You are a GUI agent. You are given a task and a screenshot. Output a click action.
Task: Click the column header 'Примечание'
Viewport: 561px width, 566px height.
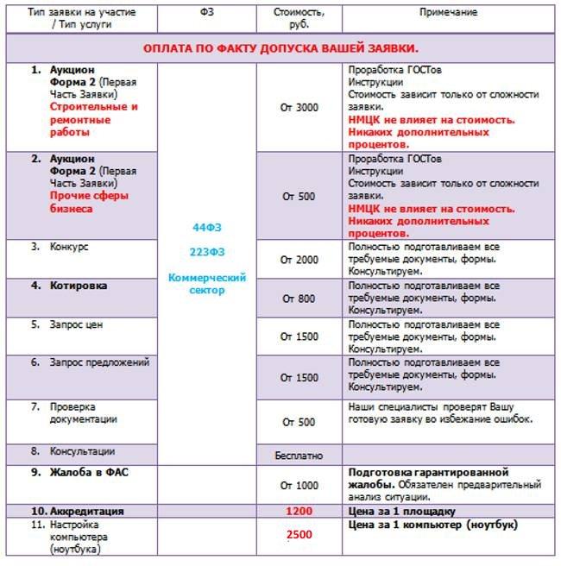pyautogui.click(x=449, y=15)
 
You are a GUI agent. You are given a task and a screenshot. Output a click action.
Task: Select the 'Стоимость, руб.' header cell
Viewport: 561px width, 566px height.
pyautogui.click(x=299, y=19)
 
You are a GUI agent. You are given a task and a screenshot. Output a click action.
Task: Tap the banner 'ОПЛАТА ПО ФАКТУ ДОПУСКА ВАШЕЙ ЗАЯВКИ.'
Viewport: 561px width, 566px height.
pyautogui.click(x=280, y=47)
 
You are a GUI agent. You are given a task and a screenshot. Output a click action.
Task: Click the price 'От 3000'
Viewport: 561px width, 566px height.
pyautogui.click(x=299, y=107)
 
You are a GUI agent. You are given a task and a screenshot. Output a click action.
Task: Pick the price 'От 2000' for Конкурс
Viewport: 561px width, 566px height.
pyautogui.click(x=299, y=260)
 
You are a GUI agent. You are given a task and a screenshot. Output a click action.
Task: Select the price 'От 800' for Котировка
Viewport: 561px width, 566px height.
pyautogui.click(x=299, y=299)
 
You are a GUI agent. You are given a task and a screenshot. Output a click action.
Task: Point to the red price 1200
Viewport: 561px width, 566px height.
pyautogui.click(x=299, y=512)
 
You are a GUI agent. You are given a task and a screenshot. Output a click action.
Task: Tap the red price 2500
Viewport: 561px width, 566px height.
pyautogui.click(x=299, y=535)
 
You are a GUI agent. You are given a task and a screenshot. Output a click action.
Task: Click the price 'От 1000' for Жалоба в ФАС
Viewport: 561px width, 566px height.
pyautogui.click(x=299, y=485)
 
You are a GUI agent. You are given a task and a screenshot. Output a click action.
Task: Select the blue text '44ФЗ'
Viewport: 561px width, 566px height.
pyautogui.click(x=206, y=227)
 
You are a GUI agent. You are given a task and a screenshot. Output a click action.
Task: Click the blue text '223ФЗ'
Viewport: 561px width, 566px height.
pyautogui.click(x=206, y=252)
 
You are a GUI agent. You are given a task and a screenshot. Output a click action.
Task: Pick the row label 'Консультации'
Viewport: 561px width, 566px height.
pyautogui.click(x=82, y=451)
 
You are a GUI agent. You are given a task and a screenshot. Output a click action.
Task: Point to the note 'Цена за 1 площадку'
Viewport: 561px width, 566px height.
pyautogui.click(x=394, y=511)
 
